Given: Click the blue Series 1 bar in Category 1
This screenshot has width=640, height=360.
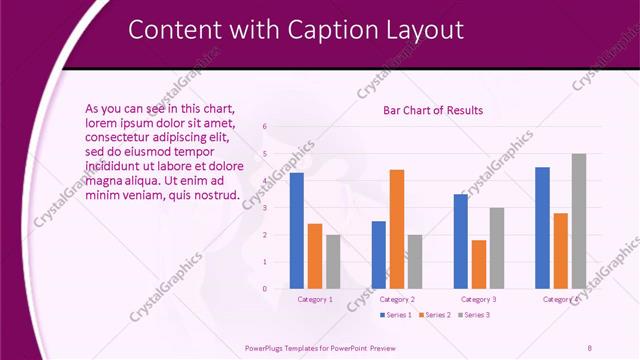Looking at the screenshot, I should pyautogui.click(x=296, y=231).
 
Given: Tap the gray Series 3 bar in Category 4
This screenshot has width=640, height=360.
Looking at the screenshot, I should pyautogui.click(x=579, y=221).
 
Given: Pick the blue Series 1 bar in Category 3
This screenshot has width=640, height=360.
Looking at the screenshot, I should pyautogui.click(x=461, y=241).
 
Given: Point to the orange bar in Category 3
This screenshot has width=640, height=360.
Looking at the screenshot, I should pyautogui.click(x=479, y=264).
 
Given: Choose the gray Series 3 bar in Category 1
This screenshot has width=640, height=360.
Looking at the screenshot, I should pyautogui.click(x=333, y=262).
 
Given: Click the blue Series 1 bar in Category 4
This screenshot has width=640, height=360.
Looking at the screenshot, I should pyautogui.click(x=542, y=228).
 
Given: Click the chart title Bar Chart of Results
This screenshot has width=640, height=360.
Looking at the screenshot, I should pyautogui.click(x=433, y=110).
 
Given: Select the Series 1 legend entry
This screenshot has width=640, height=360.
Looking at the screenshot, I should pyautogui.click(x=397, y=315).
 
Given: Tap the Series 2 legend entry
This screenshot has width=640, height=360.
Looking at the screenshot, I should pyautogui.click(x=435, y=315).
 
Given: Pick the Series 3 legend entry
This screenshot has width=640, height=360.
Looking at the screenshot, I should pyautogui.click(x=473, y=315).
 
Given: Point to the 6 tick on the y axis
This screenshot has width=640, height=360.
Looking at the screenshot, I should pyautogui.click(x=265, y=127).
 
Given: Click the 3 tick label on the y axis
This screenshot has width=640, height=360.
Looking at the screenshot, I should pyautogui.click(x=265, y=208).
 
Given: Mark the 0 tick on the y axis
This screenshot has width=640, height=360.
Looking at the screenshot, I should pyautogui.click(x=265, y=289).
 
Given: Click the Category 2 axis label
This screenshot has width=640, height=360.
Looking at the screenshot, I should pyautogui.click(x=397, y=299).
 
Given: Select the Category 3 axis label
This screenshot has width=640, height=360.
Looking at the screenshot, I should pyautogui.click(x=479, y=299).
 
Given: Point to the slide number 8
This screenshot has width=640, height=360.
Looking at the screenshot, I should pyautogui.click(x=589, y=348).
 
